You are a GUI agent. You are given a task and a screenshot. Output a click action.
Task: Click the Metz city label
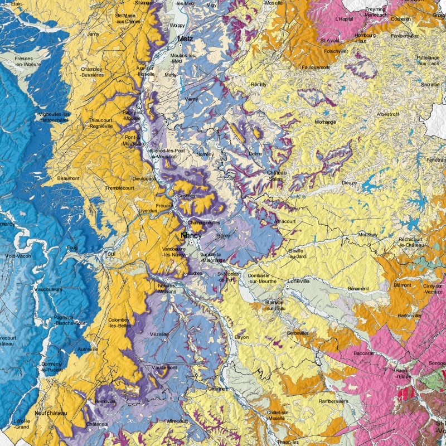coord(186,39)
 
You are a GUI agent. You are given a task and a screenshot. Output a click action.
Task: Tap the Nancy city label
coord(191,236)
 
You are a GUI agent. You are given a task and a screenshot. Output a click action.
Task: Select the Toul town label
coord(109,254)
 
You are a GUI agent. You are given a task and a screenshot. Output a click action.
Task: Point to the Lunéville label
coord(298,282)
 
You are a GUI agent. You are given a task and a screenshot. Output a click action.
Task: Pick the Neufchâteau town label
coord(50,413)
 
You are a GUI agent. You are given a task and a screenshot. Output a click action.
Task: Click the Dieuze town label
coord(350,182)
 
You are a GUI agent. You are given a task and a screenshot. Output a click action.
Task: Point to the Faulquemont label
coord(316,67)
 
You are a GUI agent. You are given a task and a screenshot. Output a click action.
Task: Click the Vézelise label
coord(158,334)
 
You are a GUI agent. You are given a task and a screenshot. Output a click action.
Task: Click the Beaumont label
coord(69,178)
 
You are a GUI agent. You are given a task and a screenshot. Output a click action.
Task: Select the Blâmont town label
coord(403,285)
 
